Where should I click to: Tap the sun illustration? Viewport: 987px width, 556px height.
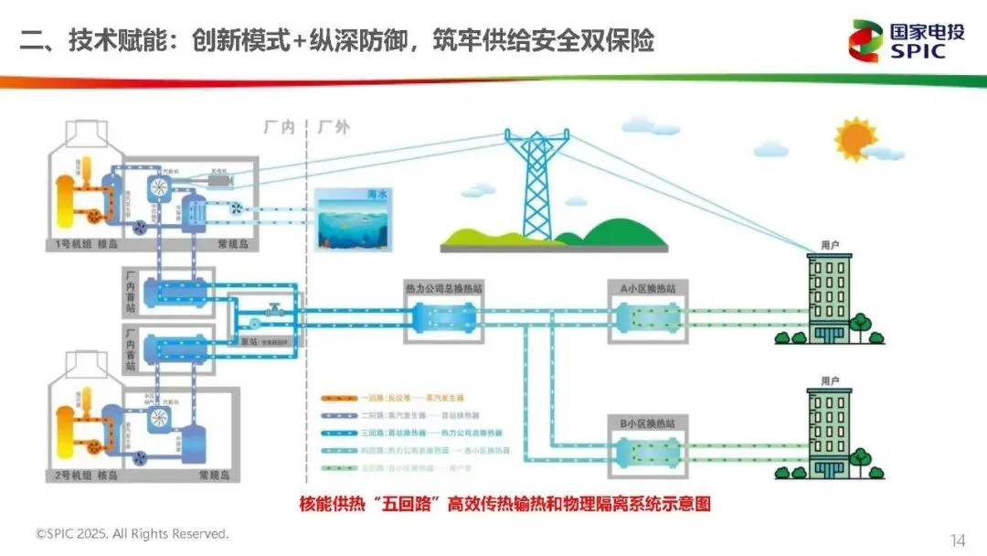point(856,138)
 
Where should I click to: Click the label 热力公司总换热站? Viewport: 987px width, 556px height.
point(444,288)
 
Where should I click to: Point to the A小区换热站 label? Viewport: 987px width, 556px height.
point(648,288)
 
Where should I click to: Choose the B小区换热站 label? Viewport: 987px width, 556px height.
point(648,422)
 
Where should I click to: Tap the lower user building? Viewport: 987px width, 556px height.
point(830,432)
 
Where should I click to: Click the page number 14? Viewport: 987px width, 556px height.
point(958,540)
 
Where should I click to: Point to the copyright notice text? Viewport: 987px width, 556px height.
point(132,533)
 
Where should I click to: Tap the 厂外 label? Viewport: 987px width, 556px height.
point(334,127)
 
